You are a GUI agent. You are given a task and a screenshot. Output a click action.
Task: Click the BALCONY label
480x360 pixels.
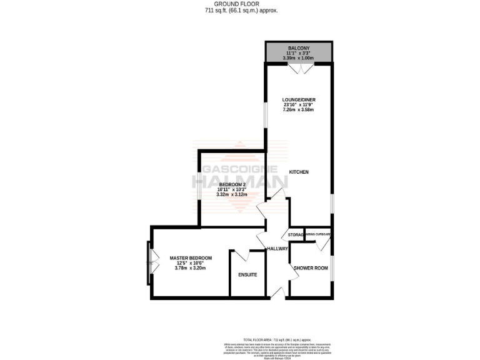pyautogui.click(x=298, y=47)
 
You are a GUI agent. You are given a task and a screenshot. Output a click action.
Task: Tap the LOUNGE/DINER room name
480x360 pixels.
pyautogui.click(x=298, y=99)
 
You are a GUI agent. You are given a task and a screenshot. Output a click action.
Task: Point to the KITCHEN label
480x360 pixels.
pyautogui.click(x=298, y=172)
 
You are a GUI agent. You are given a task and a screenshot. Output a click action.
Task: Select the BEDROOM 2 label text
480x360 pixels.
pyautogui.click(x=231, y=184)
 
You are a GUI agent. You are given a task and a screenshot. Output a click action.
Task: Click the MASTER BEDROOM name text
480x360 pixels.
pyautogui.click(x=191, y=258)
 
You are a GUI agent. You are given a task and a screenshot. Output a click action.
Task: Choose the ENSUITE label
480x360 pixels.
pyautogui.click(x=247, y=275)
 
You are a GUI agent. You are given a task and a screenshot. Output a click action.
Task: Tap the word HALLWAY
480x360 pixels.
pyautogui.click(x=277, y=249)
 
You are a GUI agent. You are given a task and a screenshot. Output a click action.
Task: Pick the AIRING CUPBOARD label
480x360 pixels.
pyautogui.click(x=318, y=234)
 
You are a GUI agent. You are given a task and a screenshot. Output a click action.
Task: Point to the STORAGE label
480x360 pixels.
pyautogui.click(x=296, y=236)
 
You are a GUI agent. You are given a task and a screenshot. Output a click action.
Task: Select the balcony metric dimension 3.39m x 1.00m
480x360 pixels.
pyautogui.click(x=298, y=58)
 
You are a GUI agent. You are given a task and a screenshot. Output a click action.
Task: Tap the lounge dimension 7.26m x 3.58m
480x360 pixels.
pyautogui.click(x=298, y=109)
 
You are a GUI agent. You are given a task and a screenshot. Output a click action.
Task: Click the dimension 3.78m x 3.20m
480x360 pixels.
pyautogui.click(x=191, y=268)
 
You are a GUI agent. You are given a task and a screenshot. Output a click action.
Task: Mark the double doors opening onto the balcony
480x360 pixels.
pyautogui.click(x=298, y=69)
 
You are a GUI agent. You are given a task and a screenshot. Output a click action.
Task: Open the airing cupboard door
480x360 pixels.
pyautogui.click(x=319, y=244)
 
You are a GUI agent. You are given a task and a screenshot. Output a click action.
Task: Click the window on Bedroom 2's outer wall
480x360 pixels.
pyautogui.click(x=199, y=185)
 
